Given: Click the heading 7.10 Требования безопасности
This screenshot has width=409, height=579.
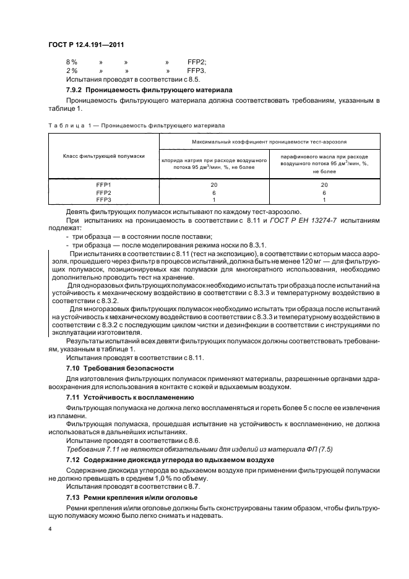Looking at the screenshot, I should [119, 368].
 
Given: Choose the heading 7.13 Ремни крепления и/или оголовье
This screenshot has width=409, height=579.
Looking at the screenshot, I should [132, 497].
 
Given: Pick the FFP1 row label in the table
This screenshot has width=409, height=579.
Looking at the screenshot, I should [104, 185].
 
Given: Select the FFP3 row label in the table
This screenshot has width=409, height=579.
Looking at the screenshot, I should [104, 199].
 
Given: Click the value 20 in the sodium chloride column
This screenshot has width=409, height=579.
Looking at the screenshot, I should [213, 185].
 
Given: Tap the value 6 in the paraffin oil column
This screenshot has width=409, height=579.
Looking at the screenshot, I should [324, 192].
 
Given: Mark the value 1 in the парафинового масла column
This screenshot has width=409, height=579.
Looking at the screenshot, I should [324, 199].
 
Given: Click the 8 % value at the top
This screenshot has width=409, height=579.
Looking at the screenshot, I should [71, 62].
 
